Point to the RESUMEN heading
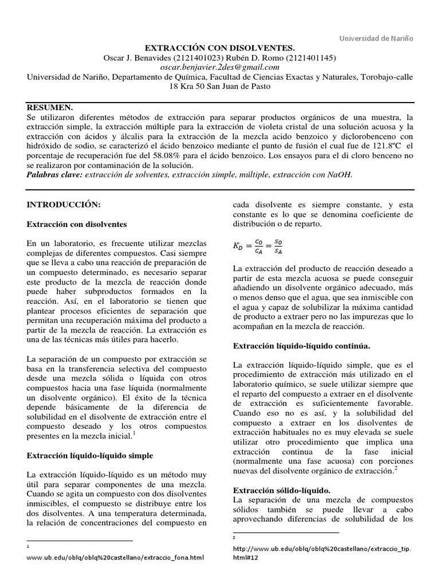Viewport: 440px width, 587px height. pos(50,107)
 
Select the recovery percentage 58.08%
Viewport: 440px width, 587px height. pos(165,155)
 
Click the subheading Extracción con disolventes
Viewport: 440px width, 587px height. pos(77,224)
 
